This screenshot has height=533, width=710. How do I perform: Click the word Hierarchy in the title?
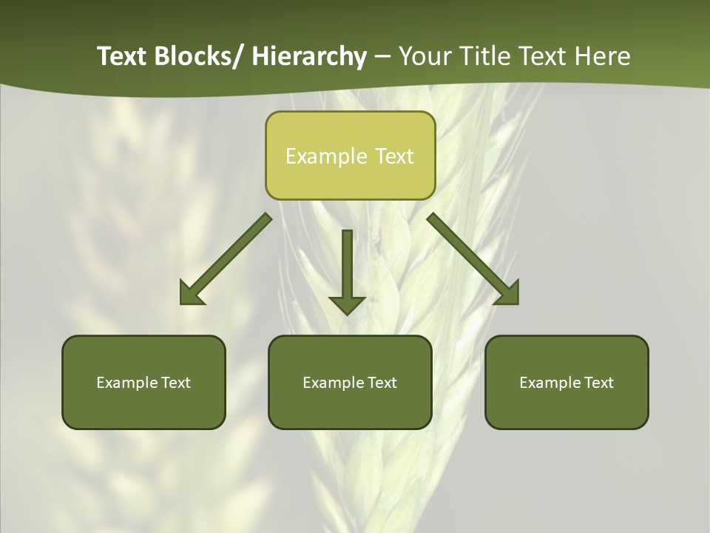tap(309, 56)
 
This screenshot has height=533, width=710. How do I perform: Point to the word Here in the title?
tap(603, 56)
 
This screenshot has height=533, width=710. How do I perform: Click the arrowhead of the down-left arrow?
tap(191, 294)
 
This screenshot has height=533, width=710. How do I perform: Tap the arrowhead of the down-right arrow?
tap(509, 294)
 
